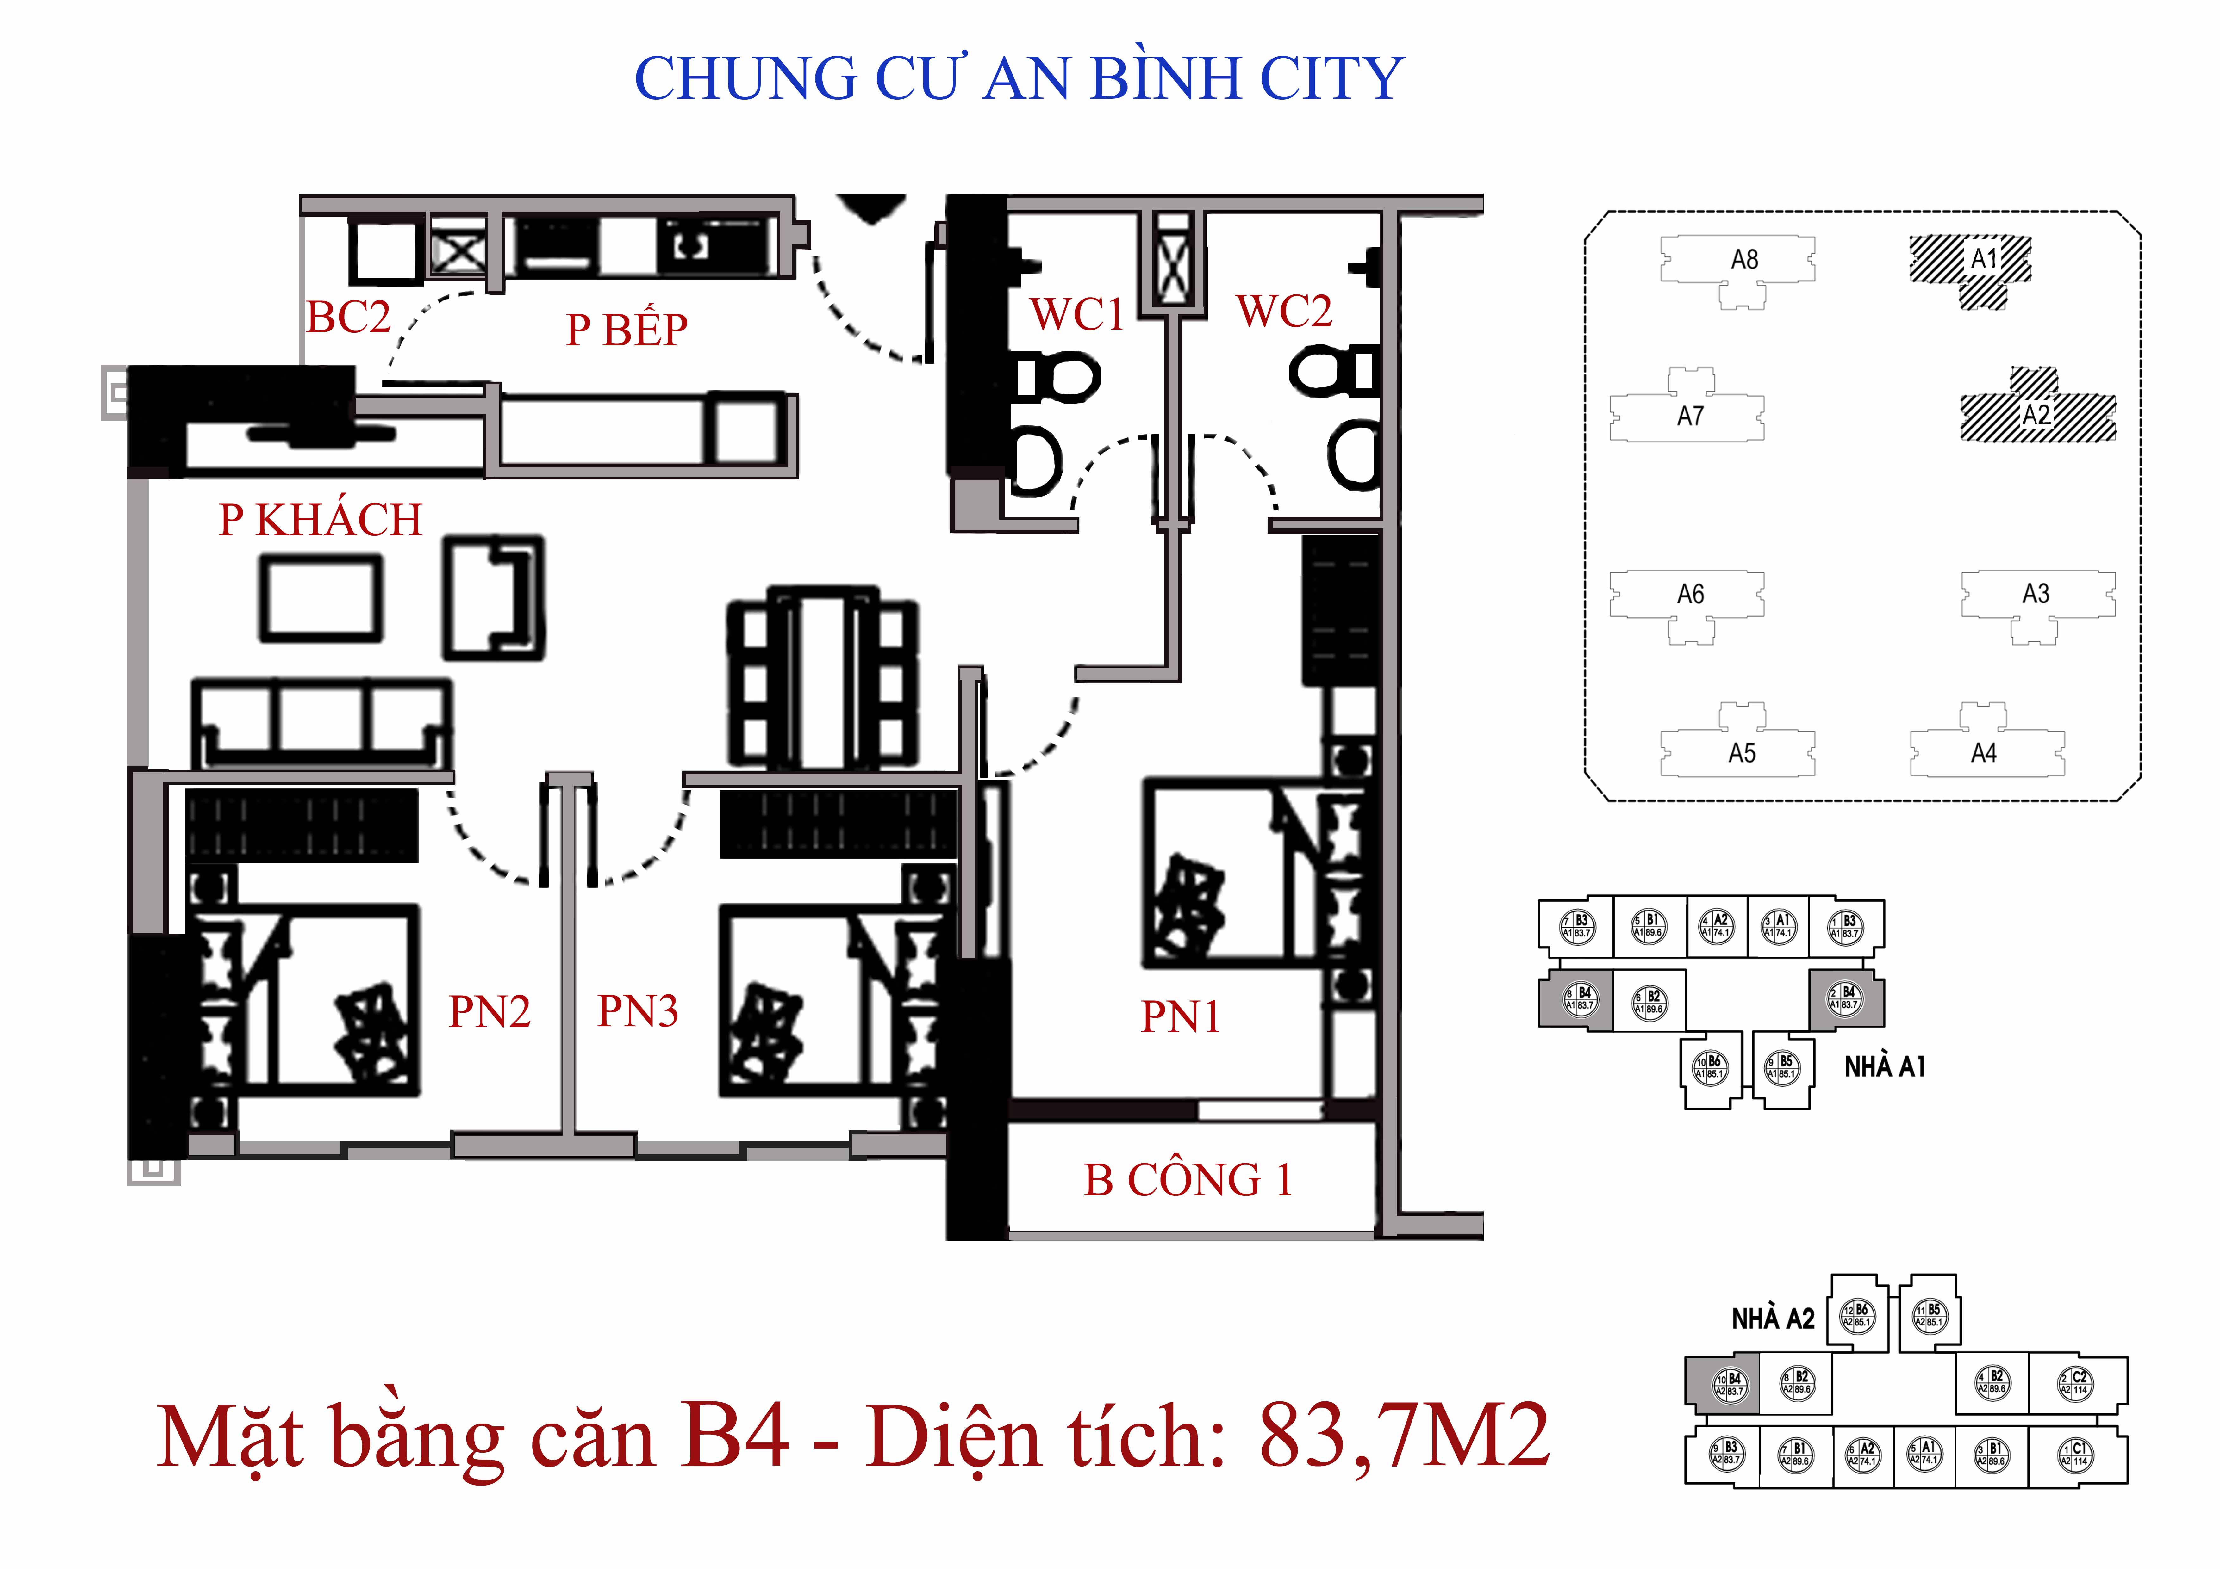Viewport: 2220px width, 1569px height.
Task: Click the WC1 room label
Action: tap(1076, 314)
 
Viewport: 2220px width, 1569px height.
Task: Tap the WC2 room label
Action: tap(1284, 311)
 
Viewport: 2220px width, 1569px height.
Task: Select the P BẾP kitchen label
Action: tap(627, 330)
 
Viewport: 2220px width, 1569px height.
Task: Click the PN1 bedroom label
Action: tap(1181, 1017)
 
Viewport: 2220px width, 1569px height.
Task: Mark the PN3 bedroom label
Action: tap(637, 1011)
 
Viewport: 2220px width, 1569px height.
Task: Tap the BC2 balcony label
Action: tap(348, 317)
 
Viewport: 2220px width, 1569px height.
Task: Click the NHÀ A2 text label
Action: tap(1772, 1319)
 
